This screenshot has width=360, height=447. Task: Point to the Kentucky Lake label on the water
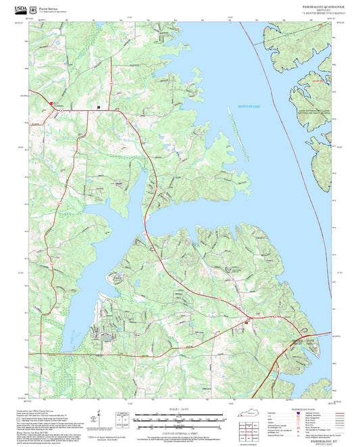pyautogui.click(x=249, y=107)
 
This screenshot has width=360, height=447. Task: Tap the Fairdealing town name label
pyautogui.click(x=58, y=106)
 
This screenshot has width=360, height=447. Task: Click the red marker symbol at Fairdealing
pyautogui.click(x=51, y=103)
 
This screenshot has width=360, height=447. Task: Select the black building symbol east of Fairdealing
pyautogui.click(x=99, y=107)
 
